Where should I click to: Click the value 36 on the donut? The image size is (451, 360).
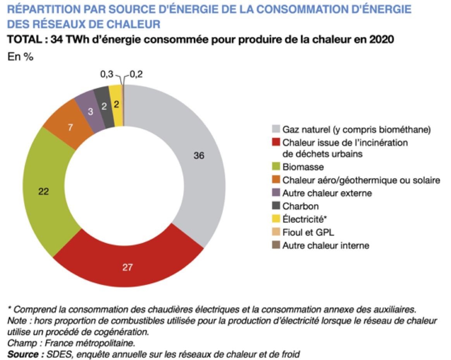tap(199, 156)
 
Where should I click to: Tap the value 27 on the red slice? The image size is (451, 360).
tap(128, 267)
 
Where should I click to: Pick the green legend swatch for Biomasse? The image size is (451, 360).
tap(275, 167)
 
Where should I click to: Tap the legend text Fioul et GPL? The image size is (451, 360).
tap(308, 233)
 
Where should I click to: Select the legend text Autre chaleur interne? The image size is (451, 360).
tap(325, 245)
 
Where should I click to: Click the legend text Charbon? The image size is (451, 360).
tap(301, 206)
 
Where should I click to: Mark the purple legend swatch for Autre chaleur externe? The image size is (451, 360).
tap(275, 193)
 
